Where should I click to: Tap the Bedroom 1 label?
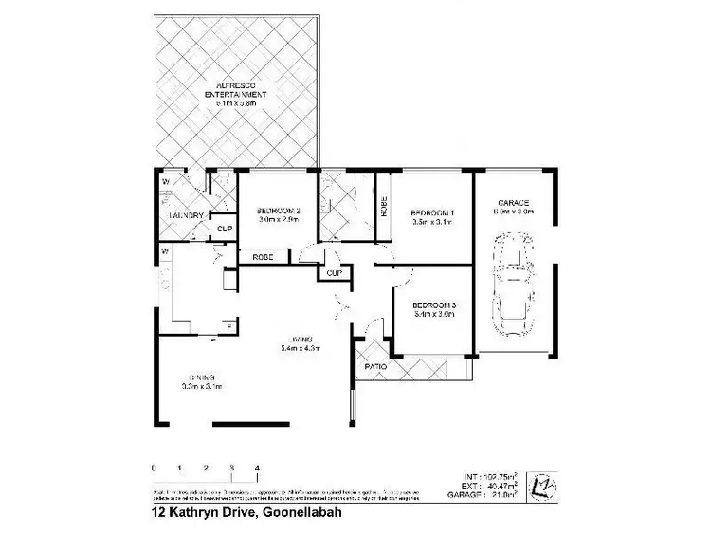[x=433, y=212]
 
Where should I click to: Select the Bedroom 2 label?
[x=278, y=212]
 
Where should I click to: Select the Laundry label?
[x=186, y=215]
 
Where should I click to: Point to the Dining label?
[x=200, y=377]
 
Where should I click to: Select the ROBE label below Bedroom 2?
[x=263, y=257]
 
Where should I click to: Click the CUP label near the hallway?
[x=334, y=273]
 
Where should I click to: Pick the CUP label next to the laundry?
[x=225, y=229]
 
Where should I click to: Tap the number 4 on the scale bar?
[x=257, y=468]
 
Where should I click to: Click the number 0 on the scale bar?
[x=153, y=468]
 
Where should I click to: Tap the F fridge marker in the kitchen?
[x=228, y=327]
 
